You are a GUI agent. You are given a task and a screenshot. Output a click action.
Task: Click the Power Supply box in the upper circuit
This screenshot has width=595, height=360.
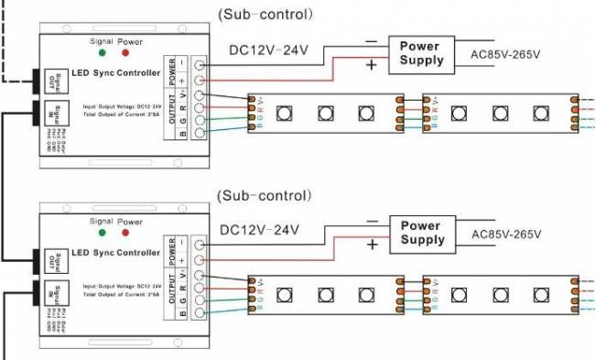tap(421, 53)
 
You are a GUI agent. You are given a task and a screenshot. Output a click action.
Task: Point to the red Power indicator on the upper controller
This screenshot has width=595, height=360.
tap(126, 53)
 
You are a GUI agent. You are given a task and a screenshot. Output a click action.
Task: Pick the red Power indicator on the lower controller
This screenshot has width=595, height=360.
tap(126, 234)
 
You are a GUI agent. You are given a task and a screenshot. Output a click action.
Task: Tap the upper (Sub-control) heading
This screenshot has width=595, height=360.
tap(265, 15)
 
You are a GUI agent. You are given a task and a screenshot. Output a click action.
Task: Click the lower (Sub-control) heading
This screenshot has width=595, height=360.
tap(265, 195)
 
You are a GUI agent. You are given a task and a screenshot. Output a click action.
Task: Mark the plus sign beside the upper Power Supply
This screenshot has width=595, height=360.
tap(372, 65)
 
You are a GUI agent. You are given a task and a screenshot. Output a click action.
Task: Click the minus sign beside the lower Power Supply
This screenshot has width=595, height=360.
tap(371, 221)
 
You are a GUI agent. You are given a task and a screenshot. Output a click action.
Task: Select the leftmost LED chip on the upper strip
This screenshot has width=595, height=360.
tap(285, 113)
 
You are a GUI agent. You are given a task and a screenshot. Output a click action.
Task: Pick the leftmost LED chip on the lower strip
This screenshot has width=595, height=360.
tap(285, 295)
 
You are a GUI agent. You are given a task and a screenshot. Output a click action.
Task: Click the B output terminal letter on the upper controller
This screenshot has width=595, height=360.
tap(183, 135)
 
